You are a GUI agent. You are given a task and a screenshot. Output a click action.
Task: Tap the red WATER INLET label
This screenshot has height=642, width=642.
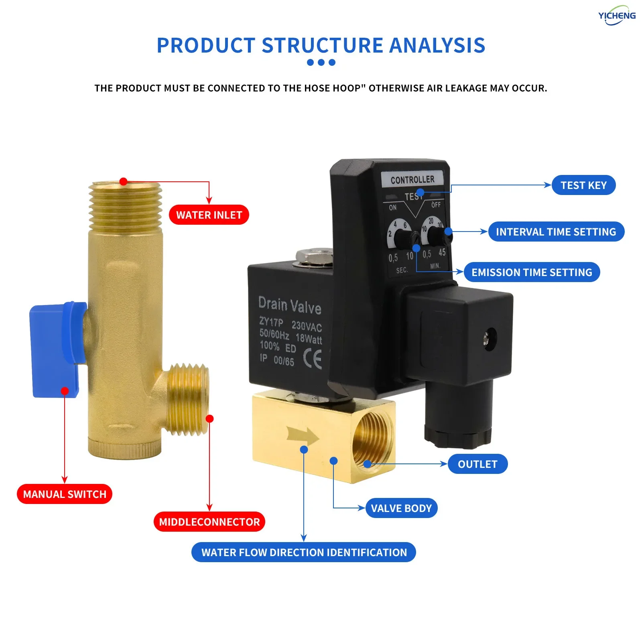(209, 215)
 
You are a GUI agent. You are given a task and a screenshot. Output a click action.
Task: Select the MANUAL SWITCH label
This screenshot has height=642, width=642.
(65, 494)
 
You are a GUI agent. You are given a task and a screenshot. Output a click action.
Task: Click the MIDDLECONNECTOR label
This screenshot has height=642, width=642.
(209, 522)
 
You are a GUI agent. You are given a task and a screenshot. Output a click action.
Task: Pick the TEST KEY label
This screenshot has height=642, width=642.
(583, 185)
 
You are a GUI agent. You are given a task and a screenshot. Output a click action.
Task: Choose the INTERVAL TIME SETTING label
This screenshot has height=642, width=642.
(556, 232)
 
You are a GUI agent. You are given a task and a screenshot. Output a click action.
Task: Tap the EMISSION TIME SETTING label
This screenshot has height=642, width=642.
(532, 272)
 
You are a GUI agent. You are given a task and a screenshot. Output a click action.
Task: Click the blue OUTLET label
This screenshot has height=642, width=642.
(477, 464)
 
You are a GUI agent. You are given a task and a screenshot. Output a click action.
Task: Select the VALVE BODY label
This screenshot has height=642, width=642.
(401, 508)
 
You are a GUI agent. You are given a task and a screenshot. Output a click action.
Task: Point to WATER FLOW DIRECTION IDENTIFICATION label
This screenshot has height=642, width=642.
(304, 553)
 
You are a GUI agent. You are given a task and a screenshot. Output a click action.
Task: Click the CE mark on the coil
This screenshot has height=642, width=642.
(313, 358)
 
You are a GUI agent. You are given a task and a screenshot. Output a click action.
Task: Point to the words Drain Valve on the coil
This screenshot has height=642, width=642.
(290, 305)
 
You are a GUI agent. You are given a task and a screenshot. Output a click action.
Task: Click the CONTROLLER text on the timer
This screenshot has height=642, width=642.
(412, 179)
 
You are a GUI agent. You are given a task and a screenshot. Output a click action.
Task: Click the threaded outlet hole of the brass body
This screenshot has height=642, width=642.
(371, 441)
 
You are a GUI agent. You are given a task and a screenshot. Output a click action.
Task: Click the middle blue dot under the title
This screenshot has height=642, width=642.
(321, 63)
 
